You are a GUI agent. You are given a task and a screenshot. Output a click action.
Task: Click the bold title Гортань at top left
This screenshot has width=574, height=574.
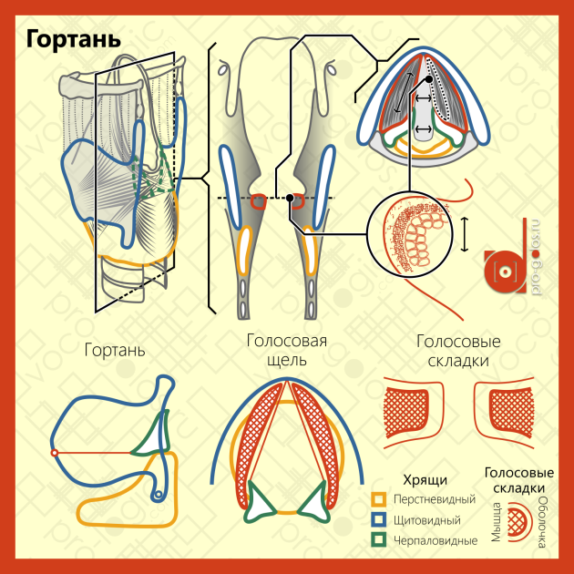pos(73,39)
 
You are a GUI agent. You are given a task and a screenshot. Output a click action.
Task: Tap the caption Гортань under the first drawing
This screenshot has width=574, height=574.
pos(115,351)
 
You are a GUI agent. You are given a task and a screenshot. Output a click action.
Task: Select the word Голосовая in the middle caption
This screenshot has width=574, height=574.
pos(287,341)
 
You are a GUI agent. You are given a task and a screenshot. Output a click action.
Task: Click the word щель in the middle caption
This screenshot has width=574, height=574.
pos(287,360)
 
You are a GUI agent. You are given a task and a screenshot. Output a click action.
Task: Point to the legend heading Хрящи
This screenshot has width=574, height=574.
pos(425,480)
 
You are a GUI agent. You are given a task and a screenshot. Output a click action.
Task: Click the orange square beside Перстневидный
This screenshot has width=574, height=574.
pos(378,499)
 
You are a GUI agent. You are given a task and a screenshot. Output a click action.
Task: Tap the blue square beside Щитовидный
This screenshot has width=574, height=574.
pos(378,519)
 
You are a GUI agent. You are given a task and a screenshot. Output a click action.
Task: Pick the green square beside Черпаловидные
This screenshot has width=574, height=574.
pos(378,540)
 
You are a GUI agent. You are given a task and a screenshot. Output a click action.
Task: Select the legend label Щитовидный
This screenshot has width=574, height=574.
pos(426,520)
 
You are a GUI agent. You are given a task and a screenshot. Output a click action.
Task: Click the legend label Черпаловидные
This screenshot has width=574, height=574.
pos(436,540)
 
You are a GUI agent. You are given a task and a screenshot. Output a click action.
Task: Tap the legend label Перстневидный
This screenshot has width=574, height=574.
pos(435,499)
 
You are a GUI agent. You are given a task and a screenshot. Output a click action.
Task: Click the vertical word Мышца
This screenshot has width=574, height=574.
pos(496,523)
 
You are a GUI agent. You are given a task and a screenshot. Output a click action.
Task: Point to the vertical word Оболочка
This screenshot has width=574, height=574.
pos(543,523)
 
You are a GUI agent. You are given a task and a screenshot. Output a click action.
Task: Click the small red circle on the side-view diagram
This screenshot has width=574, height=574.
pos(55,453)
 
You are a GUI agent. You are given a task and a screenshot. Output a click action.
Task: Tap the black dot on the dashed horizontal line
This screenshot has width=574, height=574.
pos(290,198)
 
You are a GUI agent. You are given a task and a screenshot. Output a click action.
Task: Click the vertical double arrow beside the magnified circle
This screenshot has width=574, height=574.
pos(464,234)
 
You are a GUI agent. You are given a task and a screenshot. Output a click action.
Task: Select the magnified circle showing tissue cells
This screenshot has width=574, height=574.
pos(410,234)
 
